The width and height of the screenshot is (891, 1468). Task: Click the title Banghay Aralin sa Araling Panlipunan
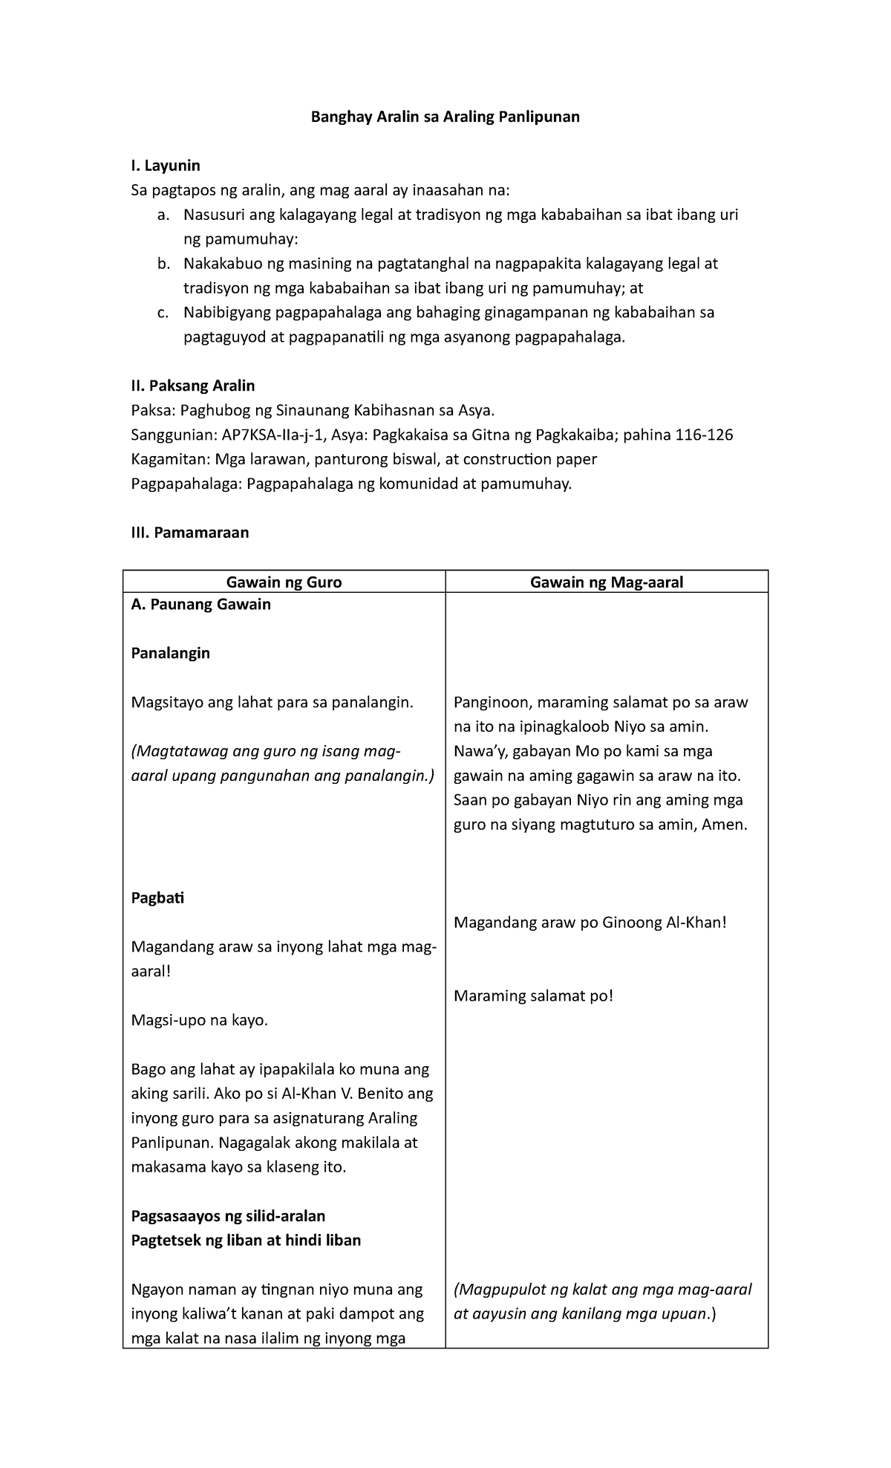click(445, 117)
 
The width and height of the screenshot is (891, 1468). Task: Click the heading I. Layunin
click(166, 165)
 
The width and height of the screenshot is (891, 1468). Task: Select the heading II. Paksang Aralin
click(192, 386)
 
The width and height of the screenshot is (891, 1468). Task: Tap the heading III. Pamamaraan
click(190, 532)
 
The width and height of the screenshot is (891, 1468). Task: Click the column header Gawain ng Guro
click(284, 582)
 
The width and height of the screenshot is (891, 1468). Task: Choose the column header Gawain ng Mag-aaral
click(606, 582)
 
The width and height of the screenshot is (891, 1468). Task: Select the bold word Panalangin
click(170, 653)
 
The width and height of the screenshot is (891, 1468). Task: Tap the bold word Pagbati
click(157, 897)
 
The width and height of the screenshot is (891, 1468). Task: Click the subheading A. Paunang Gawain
click(200, 604)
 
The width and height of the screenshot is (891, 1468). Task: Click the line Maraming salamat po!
click(533, 996)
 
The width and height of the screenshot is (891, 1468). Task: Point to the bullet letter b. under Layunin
click(163, 264)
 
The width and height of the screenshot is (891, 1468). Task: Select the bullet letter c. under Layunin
click(163, 313)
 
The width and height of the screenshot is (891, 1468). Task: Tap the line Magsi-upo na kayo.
click(199, 1020)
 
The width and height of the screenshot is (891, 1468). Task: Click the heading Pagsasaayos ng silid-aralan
click(228, 1215)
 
